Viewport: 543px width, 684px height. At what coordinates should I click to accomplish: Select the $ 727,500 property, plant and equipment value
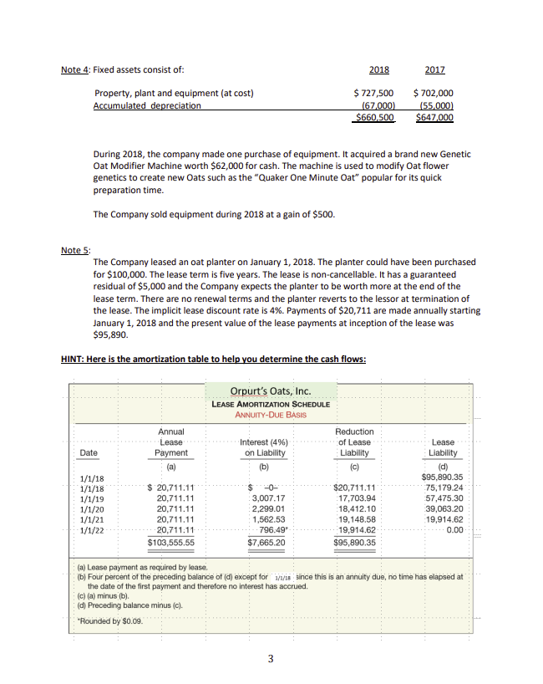click(x=373, y=93)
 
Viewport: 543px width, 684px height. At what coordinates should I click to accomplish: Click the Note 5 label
click(x=76, y=250)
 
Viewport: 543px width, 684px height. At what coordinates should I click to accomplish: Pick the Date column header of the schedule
click(x=88, y=452)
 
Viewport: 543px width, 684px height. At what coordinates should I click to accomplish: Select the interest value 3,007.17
click(x=268, y=500)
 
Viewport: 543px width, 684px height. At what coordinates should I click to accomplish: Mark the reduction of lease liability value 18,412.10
click(x=354, y=511)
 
